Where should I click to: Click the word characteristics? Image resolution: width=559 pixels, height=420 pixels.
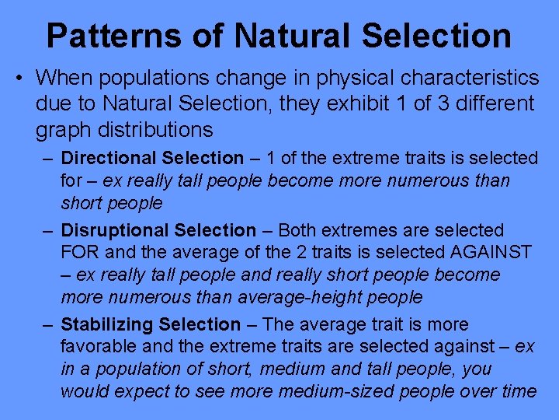(453, 78)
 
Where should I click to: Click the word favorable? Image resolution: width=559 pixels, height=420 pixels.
(98, 346)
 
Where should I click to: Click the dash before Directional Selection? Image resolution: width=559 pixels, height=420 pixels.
(48, 158)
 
